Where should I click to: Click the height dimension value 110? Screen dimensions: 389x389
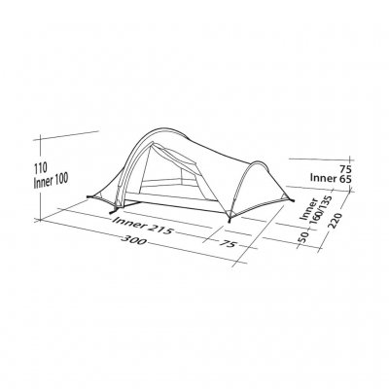click(41, 167)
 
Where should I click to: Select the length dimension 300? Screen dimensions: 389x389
click(133, 240)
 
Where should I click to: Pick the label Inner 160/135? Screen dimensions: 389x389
click(312, 210)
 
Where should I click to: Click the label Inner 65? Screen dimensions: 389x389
click(331, 179)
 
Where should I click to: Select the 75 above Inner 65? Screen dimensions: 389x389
click(345, 168)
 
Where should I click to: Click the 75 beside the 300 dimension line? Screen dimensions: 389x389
click(230, 243)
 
